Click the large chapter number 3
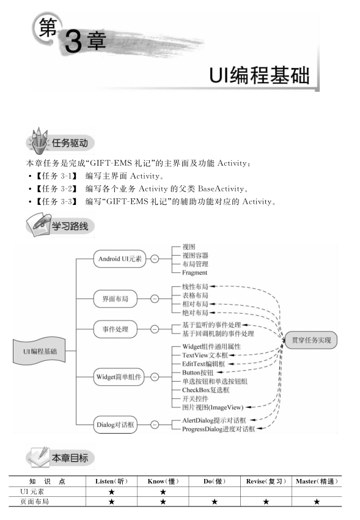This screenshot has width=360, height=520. point(73,41)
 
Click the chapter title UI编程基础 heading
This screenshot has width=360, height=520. point(259,75)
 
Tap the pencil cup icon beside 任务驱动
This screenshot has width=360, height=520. point(39,141)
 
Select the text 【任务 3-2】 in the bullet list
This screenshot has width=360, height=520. point(56,188)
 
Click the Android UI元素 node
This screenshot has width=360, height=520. point(120,259)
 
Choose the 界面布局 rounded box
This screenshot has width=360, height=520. point(116,299)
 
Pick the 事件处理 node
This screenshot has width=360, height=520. point(116,329)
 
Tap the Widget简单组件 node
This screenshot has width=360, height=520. point(119,377)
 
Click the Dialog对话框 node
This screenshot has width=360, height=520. point(116,425)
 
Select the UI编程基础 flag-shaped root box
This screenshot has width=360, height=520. point(39,351)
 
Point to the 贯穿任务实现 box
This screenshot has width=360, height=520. point(311,340)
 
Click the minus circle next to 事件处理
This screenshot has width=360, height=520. point(155,329)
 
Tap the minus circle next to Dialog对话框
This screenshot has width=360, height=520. point(155,425)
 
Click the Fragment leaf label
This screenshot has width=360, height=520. point(195,273)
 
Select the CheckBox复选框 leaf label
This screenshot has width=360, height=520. point(205,390)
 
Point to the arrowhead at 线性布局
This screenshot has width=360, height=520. point(211,286)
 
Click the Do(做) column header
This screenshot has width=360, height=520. point(215,481)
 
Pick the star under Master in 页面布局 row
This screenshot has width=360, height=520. point(317,502)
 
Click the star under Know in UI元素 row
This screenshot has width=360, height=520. point(163,492)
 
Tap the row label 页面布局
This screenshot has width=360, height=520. point(34,502)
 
